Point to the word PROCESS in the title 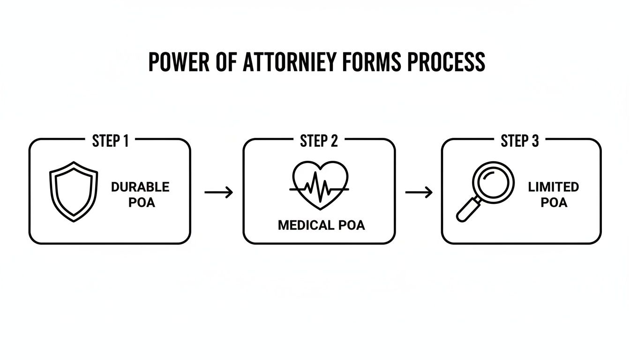pos(446,62)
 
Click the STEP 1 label pos(110,141)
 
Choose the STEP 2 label pos(319,141)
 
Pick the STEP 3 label pos(520,141)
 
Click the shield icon pos(74,191)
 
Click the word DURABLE pos(140,187)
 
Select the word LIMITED pos(553,187)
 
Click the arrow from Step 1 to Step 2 pos(218,192)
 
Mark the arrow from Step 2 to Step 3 pos(419,192)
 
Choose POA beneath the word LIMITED pos(554,202)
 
